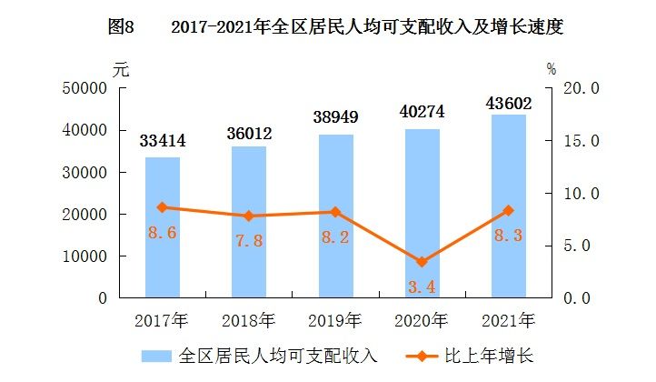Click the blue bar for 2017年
point(163,227)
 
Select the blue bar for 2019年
point(336,216)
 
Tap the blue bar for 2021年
point(509,206)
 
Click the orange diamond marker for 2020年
point(422,262)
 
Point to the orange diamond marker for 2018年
point(249,216)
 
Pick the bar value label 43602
point(509,104)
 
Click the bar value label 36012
point(249,134)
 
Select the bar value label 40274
point(422,112)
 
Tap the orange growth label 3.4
point(422,286)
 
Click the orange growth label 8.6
point(163,233)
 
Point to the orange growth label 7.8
point(249,240)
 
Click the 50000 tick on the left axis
point(84,88)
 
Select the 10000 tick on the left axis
point(84,256)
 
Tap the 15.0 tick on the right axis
point(581,141)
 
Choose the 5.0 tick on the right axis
point(577,246)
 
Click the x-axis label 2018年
point(249,321)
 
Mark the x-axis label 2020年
point(422,321)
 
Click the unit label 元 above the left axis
point(121,69)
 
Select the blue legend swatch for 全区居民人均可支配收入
point(156,356)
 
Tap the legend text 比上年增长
point(489,356)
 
